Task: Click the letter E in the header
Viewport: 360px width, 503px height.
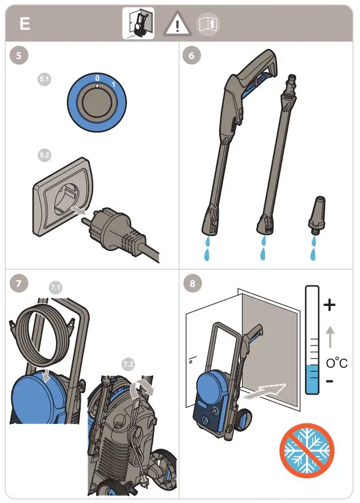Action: pos(25,24)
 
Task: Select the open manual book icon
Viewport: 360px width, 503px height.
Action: pos(208,24)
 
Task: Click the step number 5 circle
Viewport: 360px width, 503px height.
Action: pos(19,56)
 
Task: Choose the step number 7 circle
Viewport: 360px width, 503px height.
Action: pos(19,282)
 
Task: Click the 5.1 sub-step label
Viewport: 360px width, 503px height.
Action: pos(45,80)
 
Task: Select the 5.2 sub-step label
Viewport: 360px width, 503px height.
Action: pos(45,155)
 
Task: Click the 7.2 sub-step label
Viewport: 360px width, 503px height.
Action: pos(129,363)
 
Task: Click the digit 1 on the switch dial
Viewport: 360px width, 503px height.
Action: pos(113,85)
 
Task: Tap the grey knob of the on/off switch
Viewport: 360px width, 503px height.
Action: pos(96,104)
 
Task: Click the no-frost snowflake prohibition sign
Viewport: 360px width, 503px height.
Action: pos(306,450)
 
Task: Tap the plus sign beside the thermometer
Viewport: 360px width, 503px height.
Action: pos(329,305)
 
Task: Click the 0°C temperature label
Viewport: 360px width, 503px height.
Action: pos(337,363)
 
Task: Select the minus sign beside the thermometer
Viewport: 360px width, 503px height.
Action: pos(329,380)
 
